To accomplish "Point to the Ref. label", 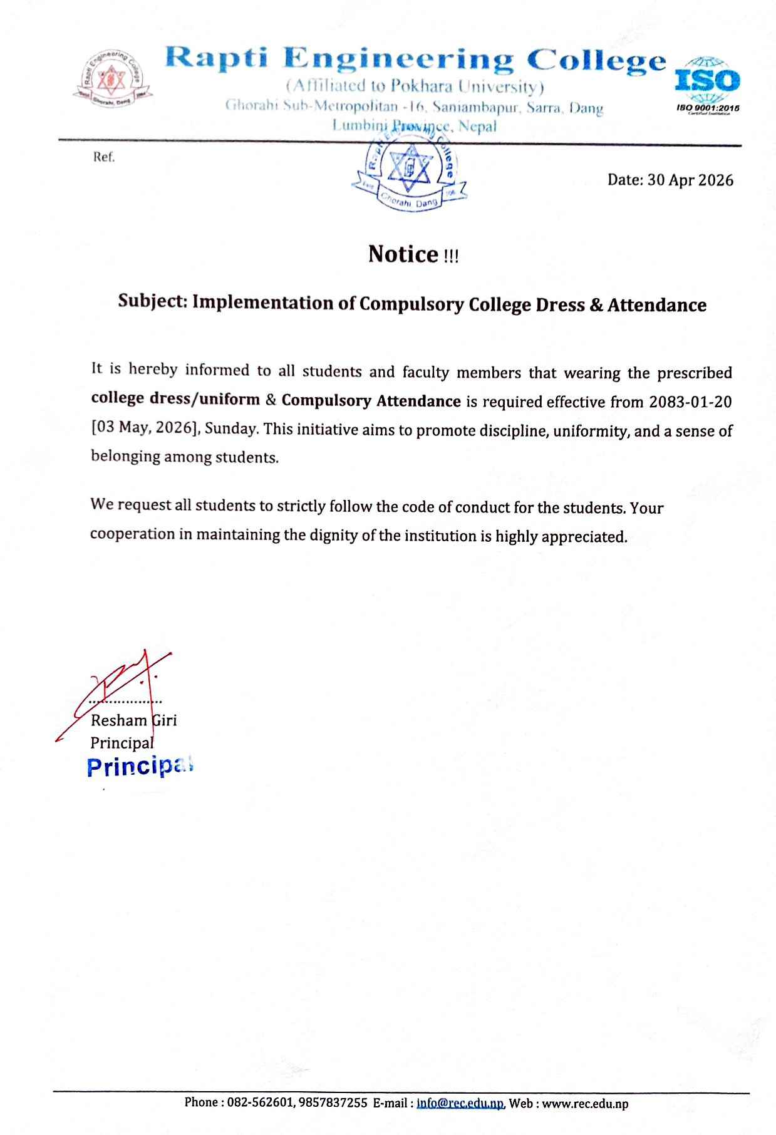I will point(104,157).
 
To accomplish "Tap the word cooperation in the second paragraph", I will point(124,534).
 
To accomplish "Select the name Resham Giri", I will point(133,720).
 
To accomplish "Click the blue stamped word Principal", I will point(139,767).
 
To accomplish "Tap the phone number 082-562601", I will point(257,1103).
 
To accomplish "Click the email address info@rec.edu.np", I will point(460,1103).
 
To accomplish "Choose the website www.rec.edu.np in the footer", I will point(585,1103).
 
